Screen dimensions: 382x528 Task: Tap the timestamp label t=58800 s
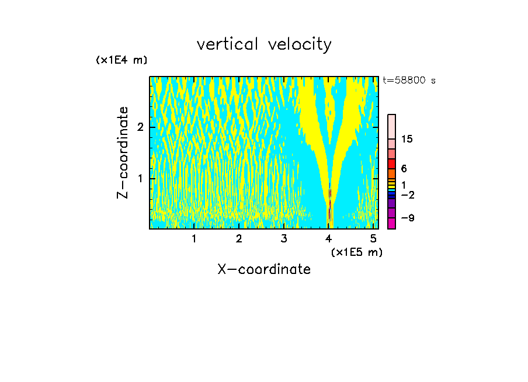(409, 81)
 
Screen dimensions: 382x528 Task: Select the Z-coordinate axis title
(123, 152)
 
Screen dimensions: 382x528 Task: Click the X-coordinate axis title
(264, 269)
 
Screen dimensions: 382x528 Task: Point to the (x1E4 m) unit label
(121, 60)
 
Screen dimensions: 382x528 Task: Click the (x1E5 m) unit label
(356, 252)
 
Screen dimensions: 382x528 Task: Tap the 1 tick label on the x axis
(194, 239)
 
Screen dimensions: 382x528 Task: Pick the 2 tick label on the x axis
(239, 239)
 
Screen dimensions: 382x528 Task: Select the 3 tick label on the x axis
(284, 239)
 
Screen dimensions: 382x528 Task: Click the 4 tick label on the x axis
(329, 239)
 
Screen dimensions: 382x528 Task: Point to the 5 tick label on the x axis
(374, 239)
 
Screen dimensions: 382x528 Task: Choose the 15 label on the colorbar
(407, 139)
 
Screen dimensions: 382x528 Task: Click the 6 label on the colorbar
(404, 168)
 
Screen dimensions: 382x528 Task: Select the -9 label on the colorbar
(408, 218)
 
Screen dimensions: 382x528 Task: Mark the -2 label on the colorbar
(408, 195)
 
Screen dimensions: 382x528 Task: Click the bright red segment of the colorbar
(391, 164)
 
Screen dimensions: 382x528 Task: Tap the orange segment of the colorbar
(391, 173)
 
